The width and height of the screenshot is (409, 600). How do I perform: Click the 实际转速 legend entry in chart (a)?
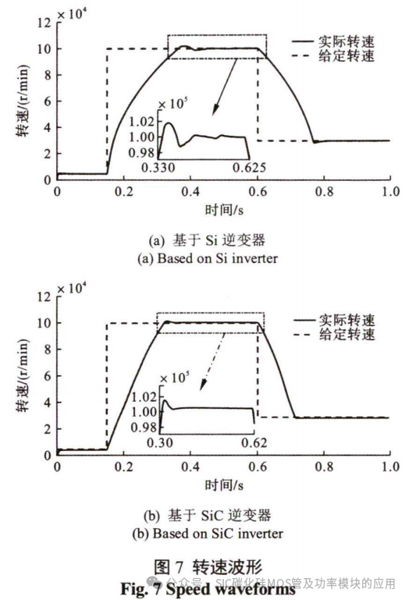click(344, 43)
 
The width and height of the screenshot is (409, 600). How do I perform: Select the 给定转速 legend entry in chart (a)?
click(344, 57)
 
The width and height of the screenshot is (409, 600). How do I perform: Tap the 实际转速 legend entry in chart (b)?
click(344, 321)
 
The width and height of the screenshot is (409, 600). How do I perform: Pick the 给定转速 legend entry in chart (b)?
click(344, 335)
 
